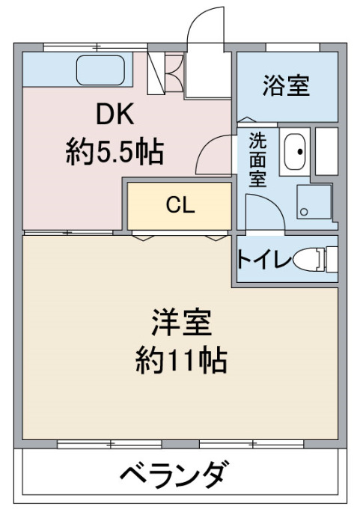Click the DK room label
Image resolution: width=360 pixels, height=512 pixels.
pyautogui.click(x=115, y=113)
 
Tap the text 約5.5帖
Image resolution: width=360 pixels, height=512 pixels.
pyautogui.click(x=115, y=153)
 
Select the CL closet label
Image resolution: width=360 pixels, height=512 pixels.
pyautogui.click(x=180, y=205)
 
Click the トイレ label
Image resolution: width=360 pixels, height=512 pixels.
pyautogui.click(x=263, y=260)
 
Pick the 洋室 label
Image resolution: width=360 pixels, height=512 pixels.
pyautogui.click(x=181, y=323)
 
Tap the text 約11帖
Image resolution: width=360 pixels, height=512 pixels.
pyautogui.click(x=181, y=361)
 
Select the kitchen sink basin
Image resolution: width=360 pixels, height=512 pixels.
pyautogui.click(x=100, y=70)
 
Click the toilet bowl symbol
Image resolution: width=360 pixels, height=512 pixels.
pyautogui.click(x=305, y=260)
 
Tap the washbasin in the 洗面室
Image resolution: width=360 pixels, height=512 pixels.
pyautogui.click(x=294, y=151)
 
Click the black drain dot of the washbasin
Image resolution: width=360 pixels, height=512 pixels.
pyautogui.click(x=300, y=151)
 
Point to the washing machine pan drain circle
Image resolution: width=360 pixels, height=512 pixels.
pyautogui.click(x=304, y=212)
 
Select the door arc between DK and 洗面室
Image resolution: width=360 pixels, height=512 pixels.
pyautogui.click(x=207, y=145)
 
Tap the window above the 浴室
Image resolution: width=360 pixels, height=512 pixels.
pyautogui.click(x=293, y=47)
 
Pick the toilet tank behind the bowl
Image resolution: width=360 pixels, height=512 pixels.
pyautogui.click(x=332, y=260)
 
